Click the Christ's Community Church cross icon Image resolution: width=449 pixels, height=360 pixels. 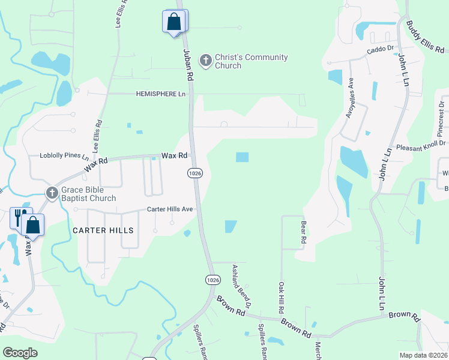[x=206, y=60]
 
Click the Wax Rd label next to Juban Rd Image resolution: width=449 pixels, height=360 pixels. [x=175, y=155]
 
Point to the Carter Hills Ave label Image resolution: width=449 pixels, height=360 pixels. [x=170, y=209]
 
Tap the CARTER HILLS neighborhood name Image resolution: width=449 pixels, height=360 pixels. [x=103, y=230]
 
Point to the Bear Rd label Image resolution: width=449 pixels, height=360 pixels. [x=303, y=231]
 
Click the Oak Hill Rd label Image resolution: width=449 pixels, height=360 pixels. [x=280, y=298]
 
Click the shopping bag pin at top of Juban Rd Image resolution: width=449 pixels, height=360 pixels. [x=173, y=22]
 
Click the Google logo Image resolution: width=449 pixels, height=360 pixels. [x=20, y=353]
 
